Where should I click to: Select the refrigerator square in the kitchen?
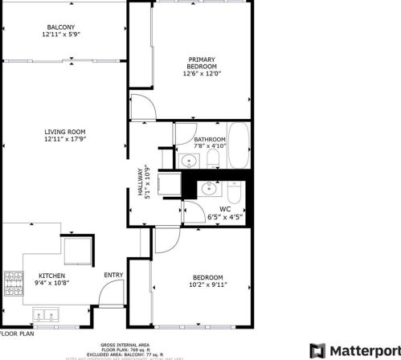click(76, 250)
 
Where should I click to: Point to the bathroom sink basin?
click(190, 162)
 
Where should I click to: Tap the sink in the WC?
click(208, 189)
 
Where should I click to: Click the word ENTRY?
click(113, 276)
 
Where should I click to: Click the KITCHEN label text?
click(51, 276)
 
